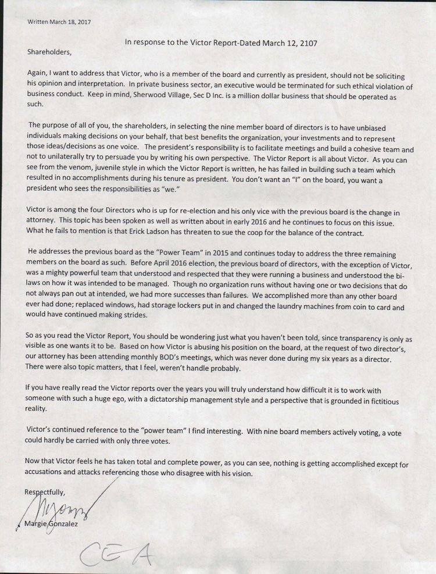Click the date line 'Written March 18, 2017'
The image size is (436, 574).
pyautogui.click(x=58, y=22)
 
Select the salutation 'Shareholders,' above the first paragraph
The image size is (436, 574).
pyautogui.click(x=49, y=52)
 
